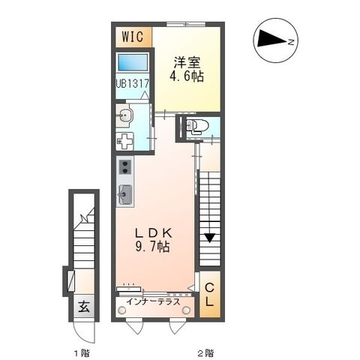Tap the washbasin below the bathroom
(124, 115)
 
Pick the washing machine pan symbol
(125, 141)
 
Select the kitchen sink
(124, 194)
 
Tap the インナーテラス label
(152, 301)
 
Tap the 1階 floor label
(82, 352)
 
